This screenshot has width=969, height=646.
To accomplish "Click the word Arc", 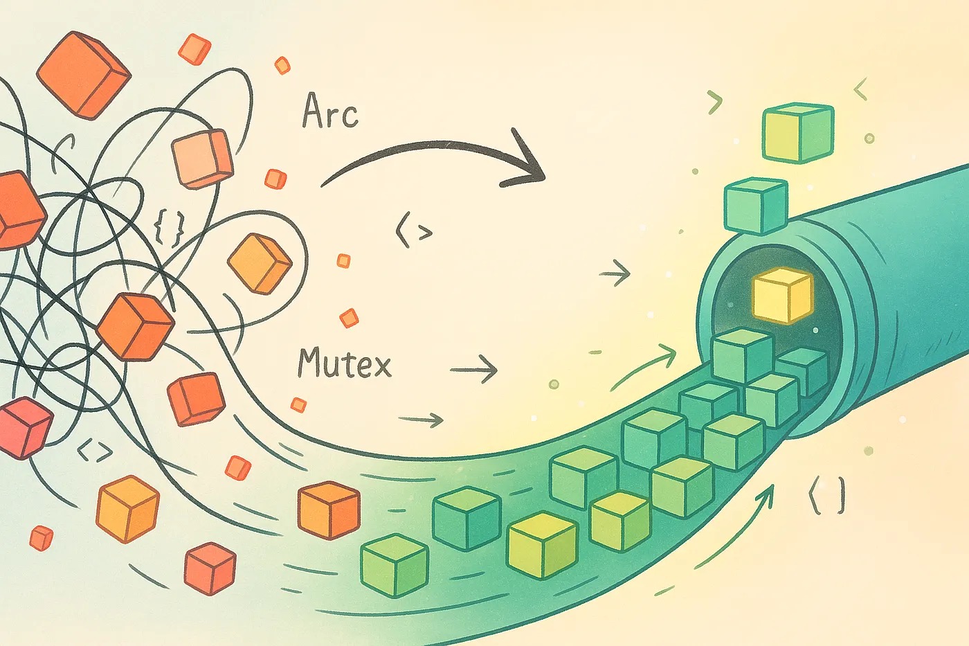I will click(331, 112).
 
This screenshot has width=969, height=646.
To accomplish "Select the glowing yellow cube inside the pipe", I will click(782, 296).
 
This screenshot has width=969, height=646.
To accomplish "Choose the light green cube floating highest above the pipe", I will click(798, 132).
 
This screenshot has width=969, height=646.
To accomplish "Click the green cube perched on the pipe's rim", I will click(756, 205).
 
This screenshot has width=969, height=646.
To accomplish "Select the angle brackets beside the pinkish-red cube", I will click(95, 452).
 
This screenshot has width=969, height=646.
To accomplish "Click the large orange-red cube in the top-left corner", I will click(83, 72).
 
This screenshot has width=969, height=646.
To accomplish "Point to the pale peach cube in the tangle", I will click(202, 159).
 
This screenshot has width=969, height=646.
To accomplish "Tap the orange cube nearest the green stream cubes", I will click(329, 510).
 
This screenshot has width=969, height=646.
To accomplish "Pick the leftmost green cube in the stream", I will click(395, 565).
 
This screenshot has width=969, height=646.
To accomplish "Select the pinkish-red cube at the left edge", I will click(24, 427).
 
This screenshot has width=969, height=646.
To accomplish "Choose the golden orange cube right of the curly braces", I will click(260, 263).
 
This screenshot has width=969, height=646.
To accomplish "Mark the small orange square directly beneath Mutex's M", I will click(298, 405).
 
